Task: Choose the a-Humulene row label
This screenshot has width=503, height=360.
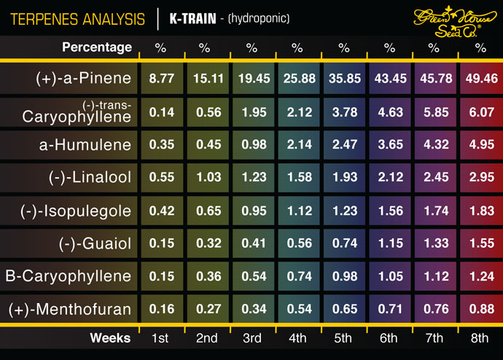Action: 85,144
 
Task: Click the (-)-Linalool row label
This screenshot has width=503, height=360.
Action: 87,178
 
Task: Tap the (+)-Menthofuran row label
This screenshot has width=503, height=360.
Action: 70,310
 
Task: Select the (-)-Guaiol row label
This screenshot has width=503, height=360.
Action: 93,243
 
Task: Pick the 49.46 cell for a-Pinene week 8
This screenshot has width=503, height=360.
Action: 480,78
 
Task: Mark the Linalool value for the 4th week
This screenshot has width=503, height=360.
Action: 297,177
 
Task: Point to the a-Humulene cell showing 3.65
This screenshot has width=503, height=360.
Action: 389,144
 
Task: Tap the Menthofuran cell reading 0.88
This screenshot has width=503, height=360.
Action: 480,309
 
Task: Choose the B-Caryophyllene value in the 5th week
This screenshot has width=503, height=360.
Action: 343,276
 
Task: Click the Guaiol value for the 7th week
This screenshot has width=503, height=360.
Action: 434,243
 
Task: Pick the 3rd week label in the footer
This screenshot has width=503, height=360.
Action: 251,338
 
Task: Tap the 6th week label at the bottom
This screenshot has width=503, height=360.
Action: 389,338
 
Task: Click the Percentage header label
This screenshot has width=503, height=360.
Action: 97,47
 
